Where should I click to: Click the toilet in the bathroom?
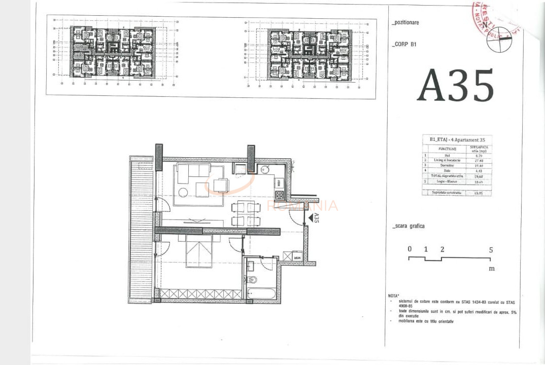pyautogui.click(x=253, y=279)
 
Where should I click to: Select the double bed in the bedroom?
pyautogui.click(x=199, y=251)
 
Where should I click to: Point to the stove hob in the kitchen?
pyautogui.click(x=279, y=194)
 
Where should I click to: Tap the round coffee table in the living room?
pyautogui.click(x=183, y=192)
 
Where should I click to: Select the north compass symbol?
pyautogui.click(x=498, y=39)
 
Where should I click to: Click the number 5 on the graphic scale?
pyautogui.click(x=491, y=249)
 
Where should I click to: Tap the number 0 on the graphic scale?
pyautogui.click(x=410, y=249)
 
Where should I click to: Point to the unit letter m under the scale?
pyautogui.click(x=491, y=269)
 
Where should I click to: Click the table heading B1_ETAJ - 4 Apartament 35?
pyautogui.click(x=456, y=138)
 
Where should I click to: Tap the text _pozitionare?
pyautogui.click(x=406, y=23)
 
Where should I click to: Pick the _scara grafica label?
pyautogui.click(x=408, y=226)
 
